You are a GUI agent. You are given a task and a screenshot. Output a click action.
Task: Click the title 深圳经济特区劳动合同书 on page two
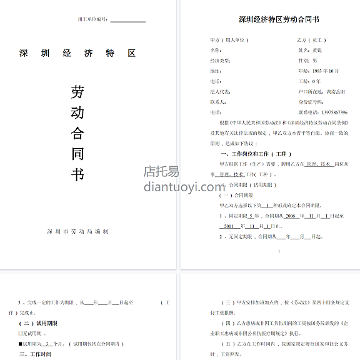click(270, 20)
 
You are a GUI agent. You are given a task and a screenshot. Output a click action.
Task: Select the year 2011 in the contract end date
click(229, 226)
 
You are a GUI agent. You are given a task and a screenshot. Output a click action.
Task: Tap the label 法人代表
click(220, 91)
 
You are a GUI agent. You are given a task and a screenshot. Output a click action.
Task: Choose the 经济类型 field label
click(221, 61)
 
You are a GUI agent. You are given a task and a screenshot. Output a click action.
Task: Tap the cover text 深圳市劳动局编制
click(77, 231)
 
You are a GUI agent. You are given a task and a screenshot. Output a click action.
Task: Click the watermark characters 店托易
click(161, 171)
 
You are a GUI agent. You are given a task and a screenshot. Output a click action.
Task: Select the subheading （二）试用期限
click(38, 323)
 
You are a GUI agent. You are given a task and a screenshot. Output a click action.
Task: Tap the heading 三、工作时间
click(35, 354)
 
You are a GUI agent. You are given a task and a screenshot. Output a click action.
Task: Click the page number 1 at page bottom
click(279, 251)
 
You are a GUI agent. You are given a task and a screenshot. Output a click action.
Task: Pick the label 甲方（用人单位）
click(229, 40)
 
